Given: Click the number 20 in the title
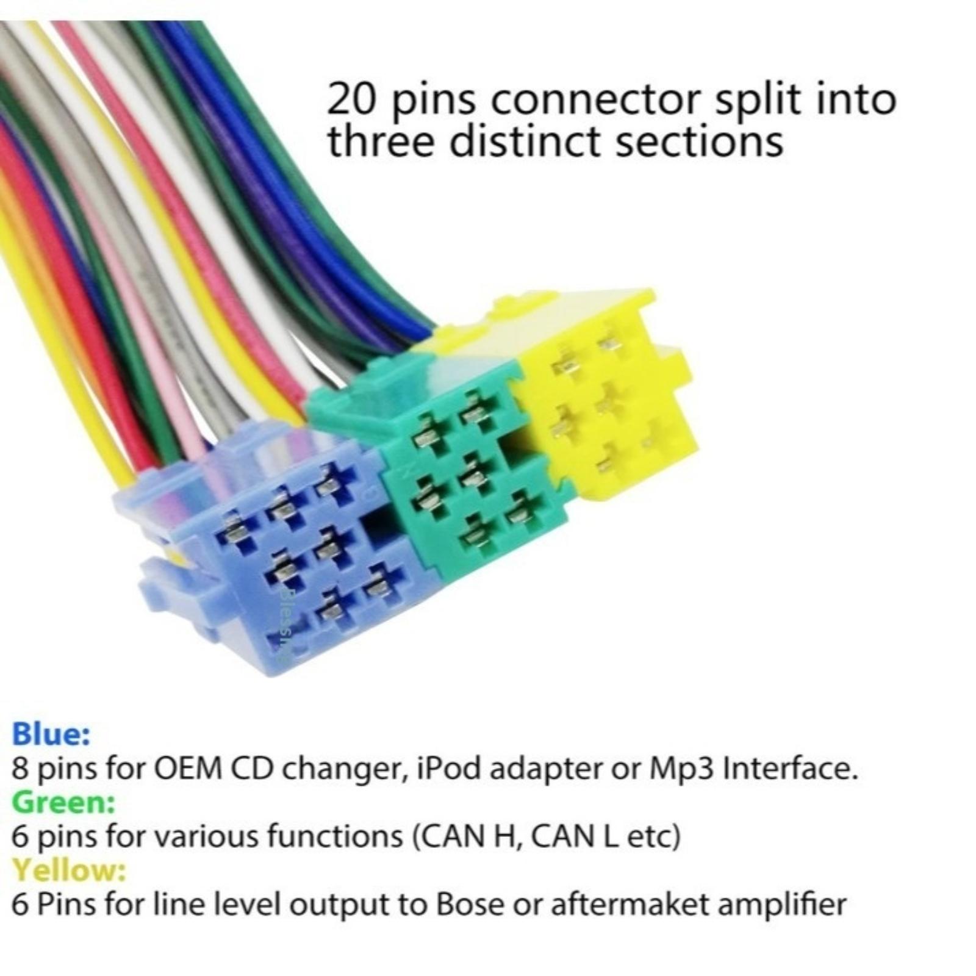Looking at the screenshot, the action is point(351,101).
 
